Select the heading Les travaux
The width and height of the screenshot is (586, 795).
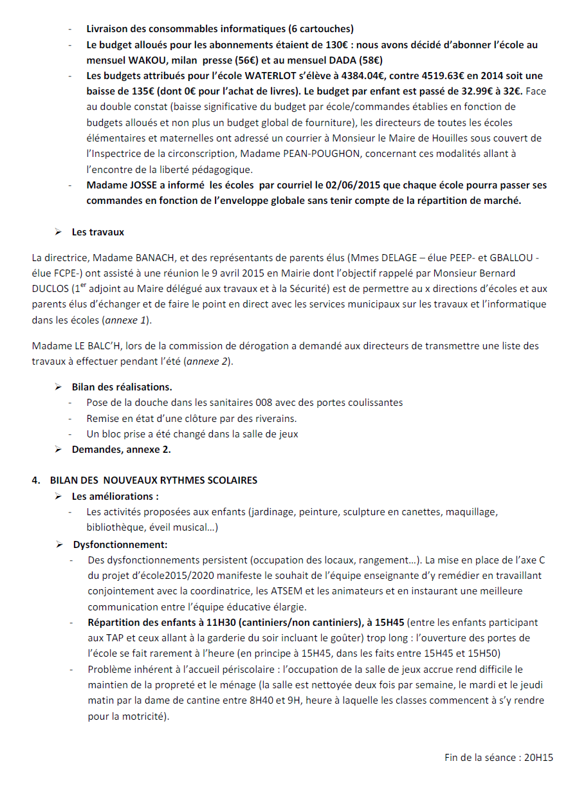tap(98, 232)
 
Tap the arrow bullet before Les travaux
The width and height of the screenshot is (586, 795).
tap(58, 232)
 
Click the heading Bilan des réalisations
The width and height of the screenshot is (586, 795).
tap(122, 387)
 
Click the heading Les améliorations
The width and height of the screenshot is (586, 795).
tap(115, 496)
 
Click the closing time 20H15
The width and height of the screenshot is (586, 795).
tap(538, 757)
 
